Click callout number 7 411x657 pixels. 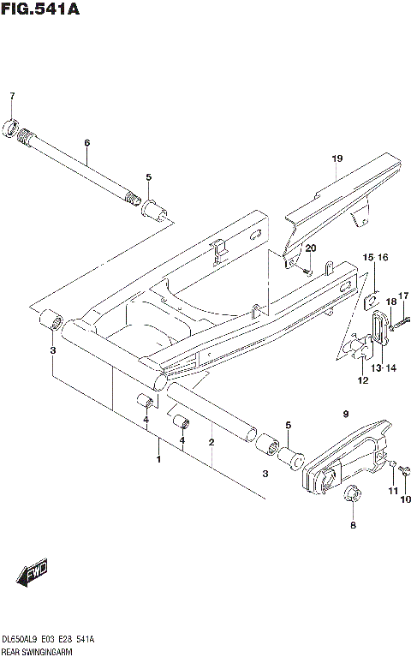click(12, 95)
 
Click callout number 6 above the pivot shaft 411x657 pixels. click(86, 142)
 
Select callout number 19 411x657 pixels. click(337, 159)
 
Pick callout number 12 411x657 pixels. click(363, 380)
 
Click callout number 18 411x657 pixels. click(390, 302)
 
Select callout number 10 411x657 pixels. click(406, 499)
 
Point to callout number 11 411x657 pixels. click(392, 491)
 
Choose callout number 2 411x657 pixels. click(211, 442)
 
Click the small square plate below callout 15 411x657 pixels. click(372, 301)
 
